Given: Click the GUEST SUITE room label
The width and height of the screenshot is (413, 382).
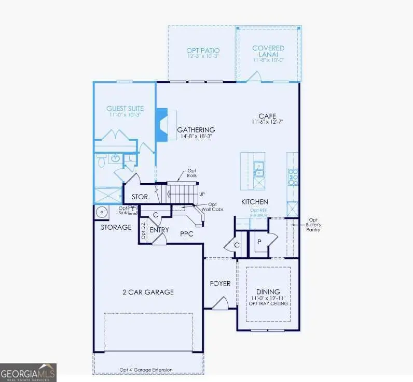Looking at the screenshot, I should pos(125,108).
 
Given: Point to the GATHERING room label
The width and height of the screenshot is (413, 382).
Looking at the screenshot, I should pos(196,129).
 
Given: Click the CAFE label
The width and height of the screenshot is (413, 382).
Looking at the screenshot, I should pos(267,116).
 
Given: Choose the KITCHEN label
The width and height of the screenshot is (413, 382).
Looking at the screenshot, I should pos(254,201).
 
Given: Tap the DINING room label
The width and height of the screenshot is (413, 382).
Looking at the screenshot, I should pos(268,291).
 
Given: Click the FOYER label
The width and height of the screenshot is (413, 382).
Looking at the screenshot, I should pos(219,284).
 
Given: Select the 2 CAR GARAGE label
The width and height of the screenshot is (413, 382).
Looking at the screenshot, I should pos(145,292).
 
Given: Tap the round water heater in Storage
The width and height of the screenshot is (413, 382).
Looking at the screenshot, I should pos(102,212).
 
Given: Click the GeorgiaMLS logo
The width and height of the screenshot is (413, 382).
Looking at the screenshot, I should pos(28,372).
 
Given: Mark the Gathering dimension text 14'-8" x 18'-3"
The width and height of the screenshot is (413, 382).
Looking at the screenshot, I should pos(196,137).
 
